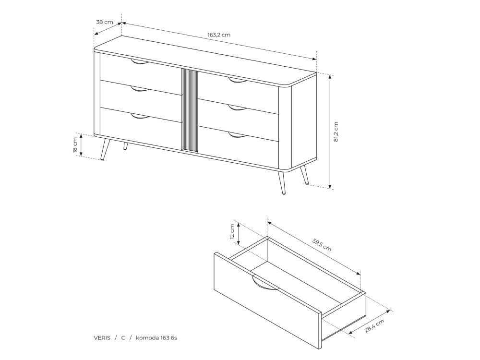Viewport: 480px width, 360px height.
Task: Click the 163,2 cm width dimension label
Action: pos(219,35)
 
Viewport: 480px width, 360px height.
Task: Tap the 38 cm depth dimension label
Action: pos(104,22)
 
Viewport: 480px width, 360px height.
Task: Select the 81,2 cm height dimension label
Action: pos(336,132)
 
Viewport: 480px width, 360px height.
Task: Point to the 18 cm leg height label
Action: pos(75,145)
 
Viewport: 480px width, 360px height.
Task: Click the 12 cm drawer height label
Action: pos(232,232)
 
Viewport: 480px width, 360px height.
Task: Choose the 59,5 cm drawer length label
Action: pos(322,245)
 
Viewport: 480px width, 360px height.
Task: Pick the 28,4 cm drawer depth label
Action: pos(374,326)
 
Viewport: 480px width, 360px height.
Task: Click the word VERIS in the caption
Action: pos(102,338)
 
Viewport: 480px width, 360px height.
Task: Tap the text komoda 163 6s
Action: pos(156,338)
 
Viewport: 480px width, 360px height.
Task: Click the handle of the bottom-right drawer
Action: pos(237,134)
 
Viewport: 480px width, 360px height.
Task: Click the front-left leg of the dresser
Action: pos(105,149)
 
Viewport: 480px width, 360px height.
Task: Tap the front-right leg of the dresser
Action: pos(281,182)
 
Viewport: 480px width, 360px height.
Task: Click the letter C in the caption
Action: pos(123,338)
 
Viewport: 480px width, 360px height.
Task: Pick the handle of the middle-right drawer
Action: pos(237,108)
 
